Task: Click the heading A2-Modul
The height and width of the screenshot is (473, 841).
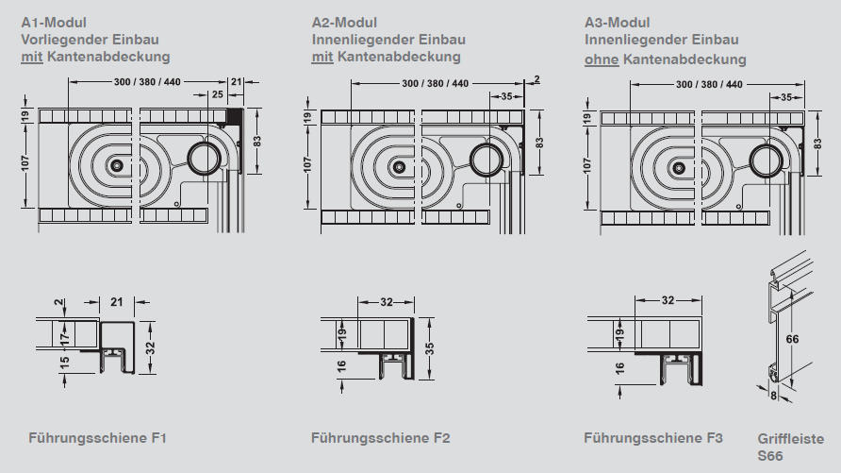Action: click(344, 22)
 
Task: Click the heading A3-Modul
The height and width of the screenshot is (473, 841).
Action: click(618, 22)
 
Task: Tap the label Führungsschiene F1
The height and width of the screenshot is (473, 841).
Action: click(97, 438)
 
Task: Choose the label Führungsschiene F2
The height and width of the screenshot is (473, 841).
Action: click(380, 438)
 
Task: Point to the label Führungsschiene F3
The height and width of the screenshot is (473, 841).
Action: click(652, 438)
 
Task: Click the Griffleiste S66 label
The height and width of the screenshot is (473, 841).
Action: click(790, 447)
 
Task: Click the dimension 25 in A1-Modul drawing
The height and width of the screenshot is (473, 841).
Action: click(217, 95)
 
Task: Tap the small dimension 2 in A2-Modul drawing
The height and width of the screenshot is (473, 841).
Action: click(536, 79)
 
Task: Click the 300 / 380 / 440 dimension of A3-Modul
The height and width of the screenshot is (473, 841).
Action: click(707, 84)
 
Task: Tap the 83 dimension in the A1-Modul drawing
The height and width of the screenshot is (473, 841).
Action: click(256, 140)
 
